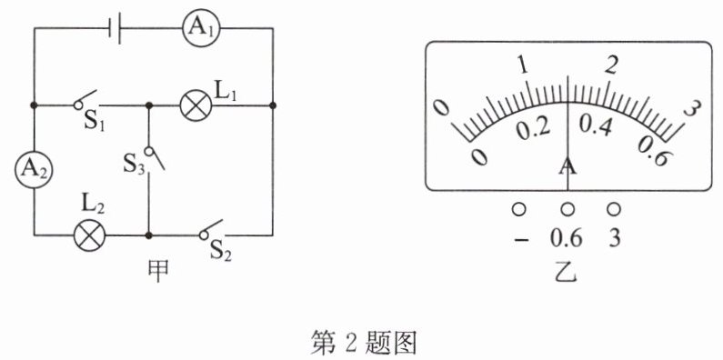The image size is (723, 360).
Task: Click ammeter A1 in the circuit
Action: [200, 28]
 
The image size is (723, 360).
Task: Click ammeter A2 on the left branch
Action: [35, 170]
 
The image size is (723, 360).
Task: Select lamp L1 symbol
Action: [196, 105]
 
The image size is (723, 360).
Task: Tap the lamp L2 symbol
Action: [90, 235]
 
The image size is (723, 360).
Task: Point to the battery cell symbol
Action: [115, 28]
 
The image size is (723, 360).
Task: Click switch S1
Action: [86, 100]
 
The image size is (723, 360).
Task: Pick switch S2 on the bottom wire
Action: [213, 230]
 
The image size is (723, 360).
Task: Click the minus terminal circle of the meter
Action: [518, 209]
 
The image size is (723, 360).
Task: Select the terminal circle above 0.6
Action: [567, 209]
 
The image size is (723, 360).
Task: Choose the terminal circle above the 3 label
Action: [613, 209]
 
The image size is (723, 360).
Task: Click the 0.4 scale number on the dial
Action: [596, 125]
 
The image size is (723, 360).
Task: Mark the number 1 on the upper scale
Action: [522, 66]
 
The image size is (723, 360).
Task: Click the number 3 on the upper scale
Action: [693, 109]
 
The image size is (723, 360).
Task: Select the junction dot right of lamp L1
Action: [273, 105]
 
